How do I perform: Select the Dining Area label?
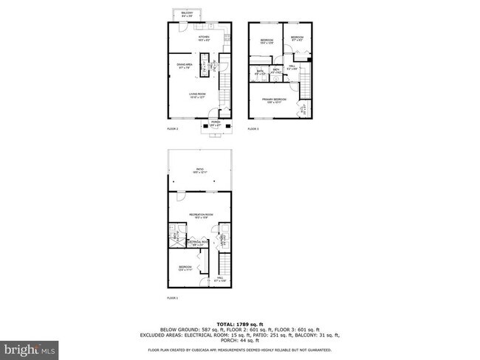tap(184, 67)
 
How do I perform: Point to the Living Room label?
tap(197, 94)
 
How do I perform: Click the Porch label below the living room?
tap(216, 125)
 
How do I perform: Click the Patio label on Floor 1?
tap(200, 171)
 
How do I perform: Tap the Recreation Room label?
tap(200, 215)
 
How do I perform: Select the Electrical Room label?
tap(199, 242)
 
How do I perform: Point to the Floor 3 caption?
tap(253, 130)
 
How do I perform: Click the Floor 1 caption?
tap(173, 297)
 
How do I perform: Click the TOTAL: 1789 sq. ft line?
tap(239, 324)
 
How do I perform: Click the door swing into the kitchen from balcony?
tap(183, 27)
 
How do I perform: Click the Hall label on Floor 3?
tap(292, 68)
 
